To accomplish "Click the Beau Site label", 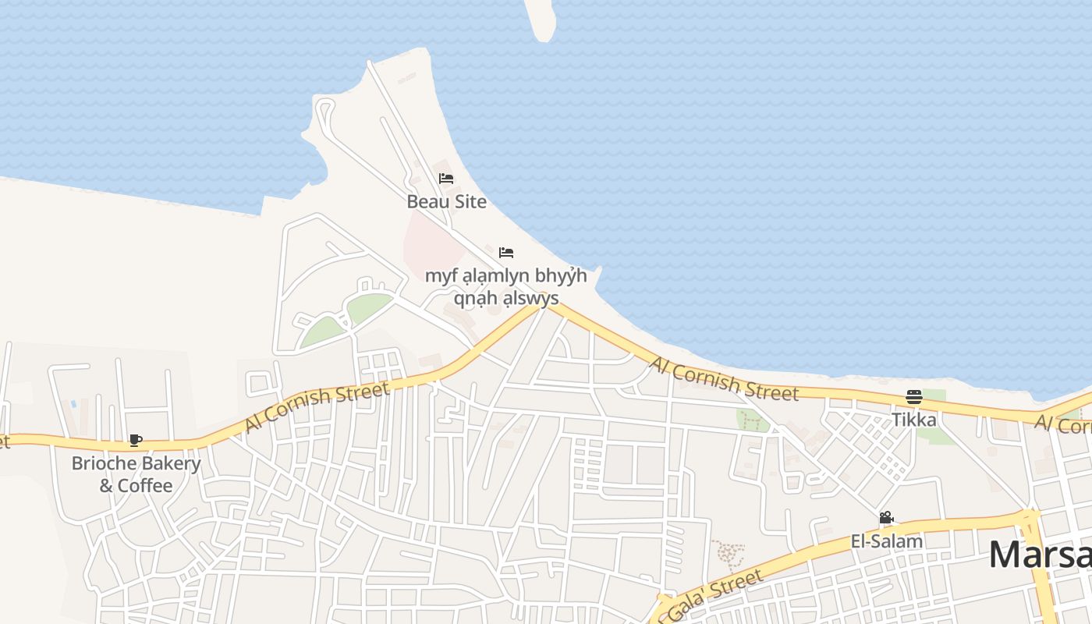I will pos(446,201).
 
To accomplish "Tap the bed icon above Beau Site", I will pos(446,179).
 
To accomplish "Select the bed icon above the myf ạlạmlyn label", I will pos(506,253).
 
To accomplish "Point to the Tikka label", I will pos(914,420).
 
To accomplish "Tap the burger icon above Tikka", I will pos(914,397).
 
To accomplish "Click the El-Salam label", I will pos(886,541).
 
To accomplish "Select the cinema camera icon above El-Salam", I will pos(886,518).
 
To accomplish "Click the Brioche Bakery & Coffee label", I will pos(136,474).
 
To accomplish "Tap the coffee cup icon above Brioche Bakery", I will pos(136,441).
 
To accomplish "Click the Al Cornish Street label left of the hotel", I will pos(317,407).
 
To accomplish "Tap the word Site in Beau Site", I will pos(470,201).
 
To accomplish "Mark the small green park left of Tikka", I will pos(751,420).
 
